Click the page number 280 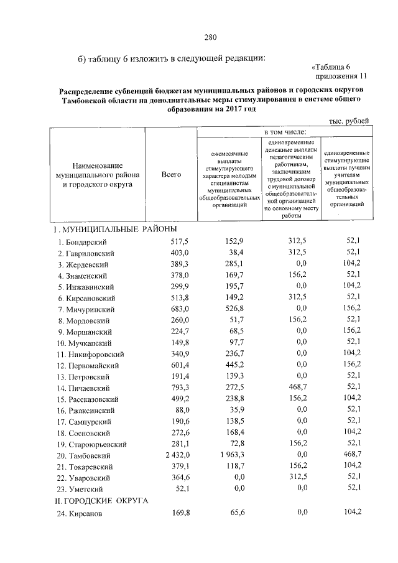pyautogui.click(x=209, y=38)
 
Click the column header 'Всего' pyautogui.click(x=171, y=175)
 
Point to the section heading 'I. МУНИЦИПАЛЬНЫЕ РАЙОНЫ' pyautogui.click(x=110, y=230)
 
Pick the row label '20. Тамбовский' pyautogui.click(x=84, y=455)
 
